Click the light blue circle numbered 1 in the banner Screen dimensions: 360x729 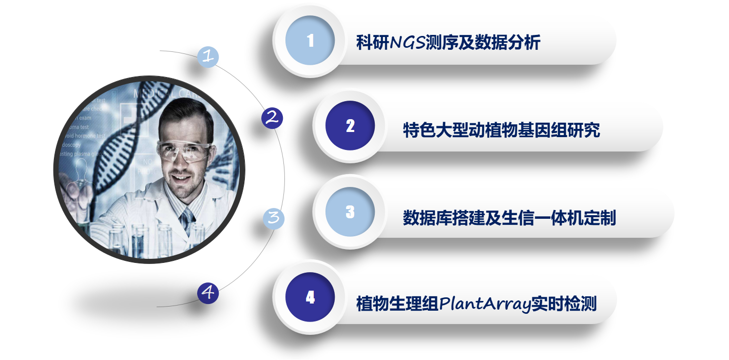click(310, 41)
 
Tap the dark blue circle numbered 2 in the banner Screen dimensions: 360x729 click(350, 126)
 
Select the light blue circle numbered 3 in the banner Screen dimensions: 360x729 click(350, 212)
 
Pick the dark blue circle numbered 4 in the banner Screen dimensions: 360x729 click(310, 297)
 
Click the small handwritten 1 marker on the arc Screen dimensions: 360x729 click(208, 56)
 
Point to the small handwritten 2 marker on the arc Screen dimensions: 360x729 click(272, 118)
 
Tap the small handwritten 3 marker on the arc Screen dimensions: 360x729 click(274, 217)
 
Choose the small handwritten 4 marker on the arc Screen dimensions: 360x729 click(208, 293)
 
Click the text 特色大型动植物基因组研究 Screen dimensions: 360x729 click(501, 130)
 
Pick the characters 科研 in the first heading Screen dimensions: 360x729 click(373, 42)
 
